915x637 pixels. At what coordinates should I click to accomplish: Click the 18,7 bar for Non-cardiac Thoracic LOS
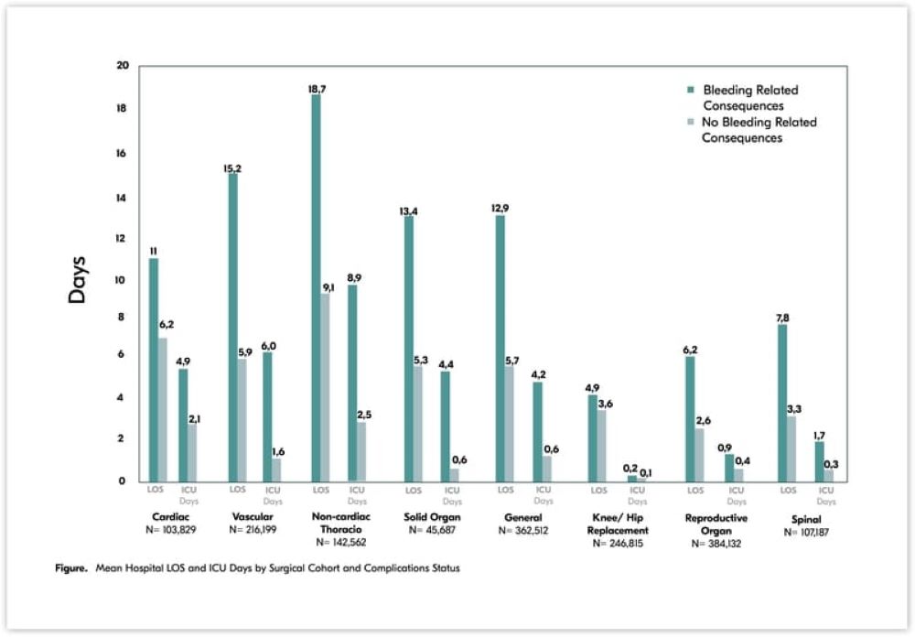coord(317,287)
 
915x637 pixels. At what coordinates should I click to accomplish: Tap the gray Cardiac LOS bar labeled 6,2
coord(163,409)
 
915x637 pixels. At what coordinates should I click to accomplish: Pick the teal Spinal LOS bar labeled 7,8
coord(782,403)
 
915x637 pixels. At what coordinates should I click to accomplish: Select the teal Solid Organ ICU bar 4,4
coord(446,426)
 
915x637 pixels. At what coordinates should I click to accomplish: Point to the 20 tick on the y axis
coord(123,66)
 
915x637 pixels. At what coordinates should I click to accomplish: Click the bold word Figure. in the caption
coord(70,568)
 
